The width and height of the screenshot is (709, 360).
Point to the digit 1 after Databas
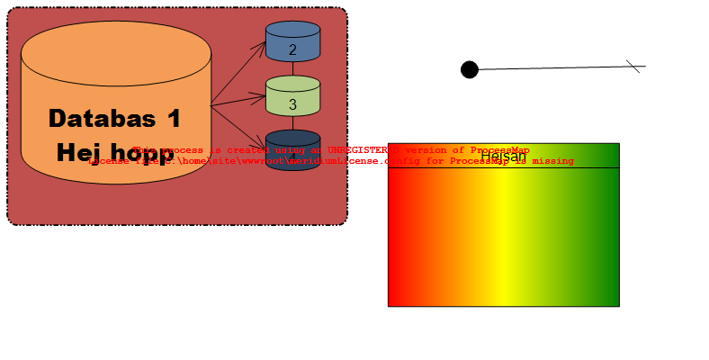pyautogui.click(x=174, y=119)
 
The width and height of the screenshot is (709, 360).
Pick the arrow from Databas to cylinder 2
pyautogui.click(x=238, y=74)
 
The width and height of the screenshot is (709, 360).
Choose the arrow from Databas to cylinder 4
pyautogui.click(x=238, y=125)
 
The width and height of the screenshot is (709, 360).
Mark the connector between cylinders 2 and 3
pyautogui.click(x=293, y=68)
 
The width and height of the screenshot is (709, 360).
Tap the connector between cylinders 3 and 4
pyautogui.click(x=293, y=123)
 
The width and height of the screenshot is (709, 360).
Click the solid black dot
pyautogui.click(x=469, y=69)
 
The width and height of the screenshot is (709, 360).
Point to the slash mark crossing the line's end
pyautogui.click(x=633, y=67)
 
